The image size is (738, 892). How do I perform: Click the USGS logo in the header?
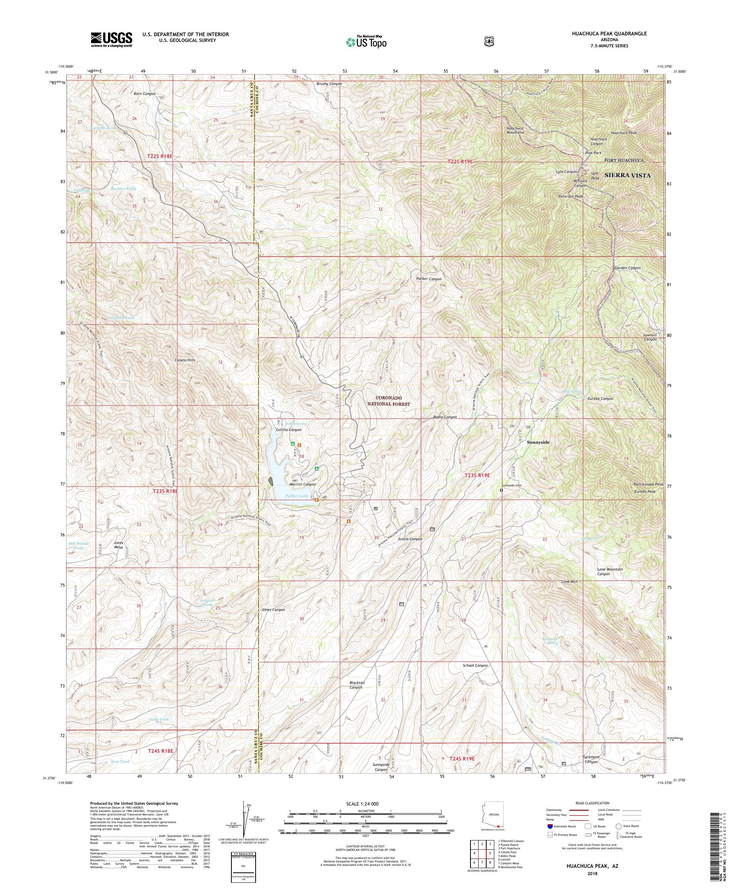click(111, 40)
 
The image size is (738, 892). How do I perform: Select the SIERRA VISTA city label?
click(627, 175)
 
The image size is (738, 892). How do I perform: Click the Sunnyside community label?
click(538, 442)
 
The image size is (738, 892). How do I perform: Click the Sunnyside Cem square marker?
click(501, 490)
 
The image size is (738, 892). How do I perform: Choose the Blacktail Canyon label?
click(357, 697)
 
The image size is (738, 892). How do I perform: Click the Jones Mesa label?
click(118, 545)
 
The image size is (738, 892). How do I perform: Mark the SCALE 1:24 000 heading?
click(365, 804)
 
